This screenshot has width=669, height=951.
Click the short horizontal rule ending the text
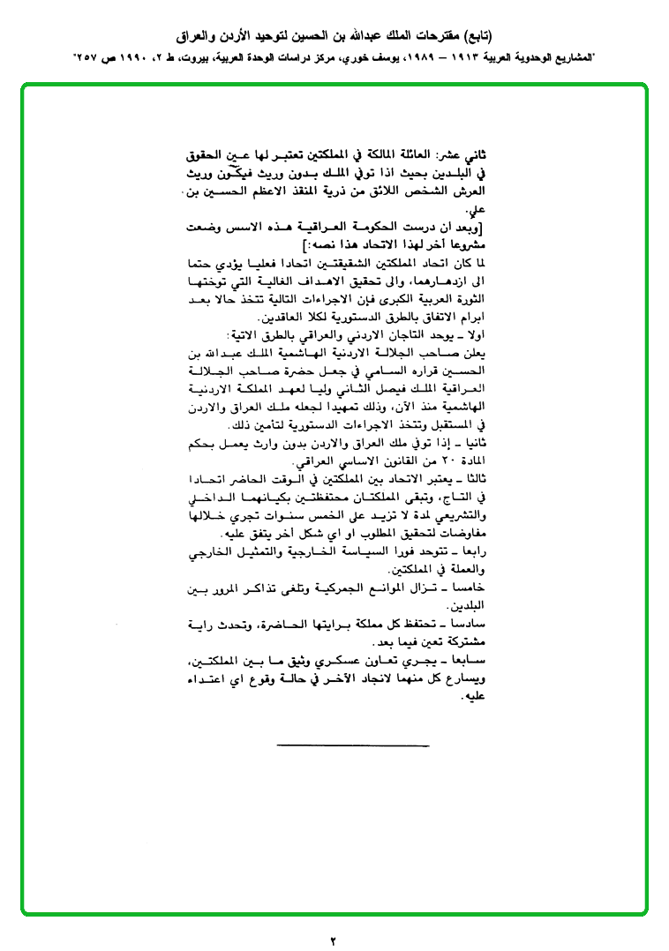coord(353,747)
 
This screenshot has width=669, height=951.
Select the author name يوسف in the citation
coord(391,57)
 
